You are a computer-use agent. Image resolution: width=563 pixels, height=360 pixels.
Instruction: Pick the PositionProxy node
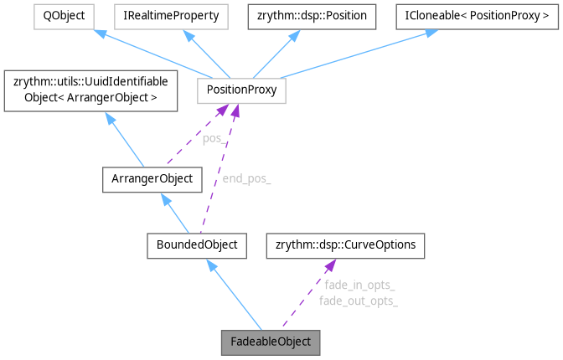point(241,90)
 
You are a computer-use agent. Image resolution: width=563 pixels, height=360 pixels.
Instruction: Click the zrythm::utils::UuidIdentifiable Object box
point(91,90)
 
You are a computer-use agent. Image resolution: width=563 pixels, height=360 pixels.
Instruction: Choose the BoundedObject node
point(196,245)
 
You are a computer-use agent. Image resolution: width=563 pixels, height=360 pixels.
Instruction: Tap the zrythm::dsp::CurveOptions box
point(345,245)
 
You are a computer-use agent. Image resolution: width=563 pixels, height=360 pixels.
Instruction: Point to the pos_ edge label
point(214,139)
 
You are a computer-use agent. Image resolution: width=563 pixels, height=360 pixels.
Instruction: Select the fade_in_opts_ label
point(359,285)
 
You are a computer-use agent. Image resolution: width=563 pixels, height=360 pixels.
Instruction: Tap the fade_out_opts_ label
point(358,300)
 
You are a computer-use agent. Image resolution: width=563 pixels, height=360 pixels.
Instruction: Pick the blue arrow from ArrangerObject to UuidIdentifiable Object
point(125,140)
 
